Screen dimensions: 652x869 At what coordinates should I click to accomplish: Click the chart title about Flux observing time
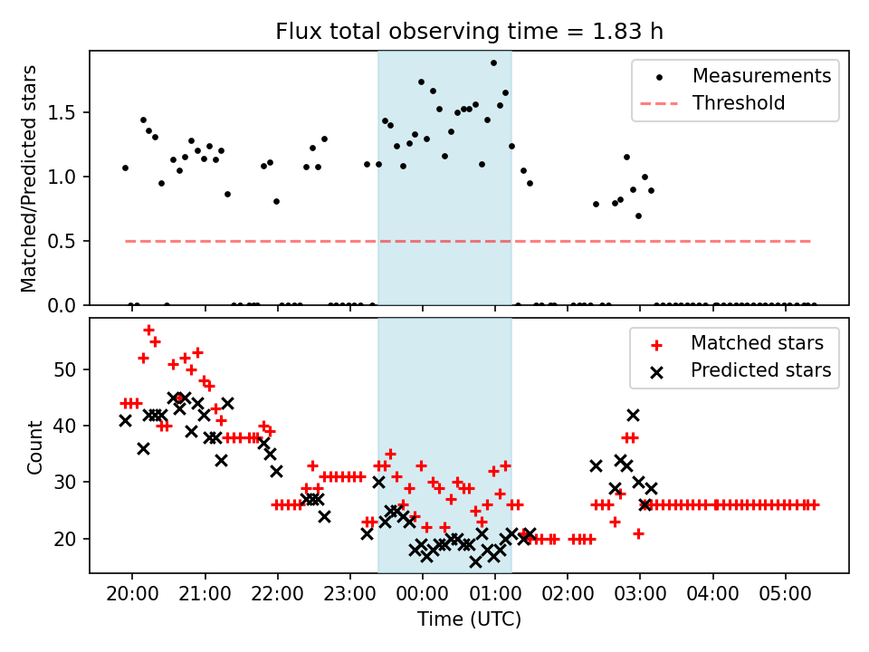(x=469, y=32)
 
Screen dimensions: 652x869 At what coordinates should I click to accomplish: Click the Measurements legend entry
(x=761, y=76)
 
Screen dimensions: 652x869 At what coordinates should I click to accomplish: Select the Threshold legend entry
(x=738, y=103)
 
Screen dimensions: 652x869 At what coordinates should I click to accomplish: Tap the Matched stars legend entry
(x=757, y=343)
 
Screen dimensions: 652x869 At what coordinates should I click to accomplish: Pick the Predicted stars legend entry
(x=760, y=369)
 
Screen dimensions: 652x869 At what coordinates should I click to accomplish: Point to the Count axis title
(x=35, y=446)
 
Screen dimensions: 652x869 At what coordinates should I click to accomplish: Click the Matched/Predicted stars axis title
(x=30, y=178)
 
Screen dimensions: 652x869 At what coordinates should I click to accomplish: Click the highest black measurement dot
(x=493, y=63)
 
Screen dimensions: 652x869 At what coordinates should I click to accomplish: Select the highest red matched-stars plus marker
(x=148, y=330)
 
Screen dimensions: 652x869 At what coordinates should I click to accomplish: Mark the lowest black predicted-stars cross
(x=475, y=561)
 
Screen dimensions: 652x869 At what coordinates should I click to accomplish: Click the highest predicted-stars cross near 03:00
(x=633, y=415)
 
